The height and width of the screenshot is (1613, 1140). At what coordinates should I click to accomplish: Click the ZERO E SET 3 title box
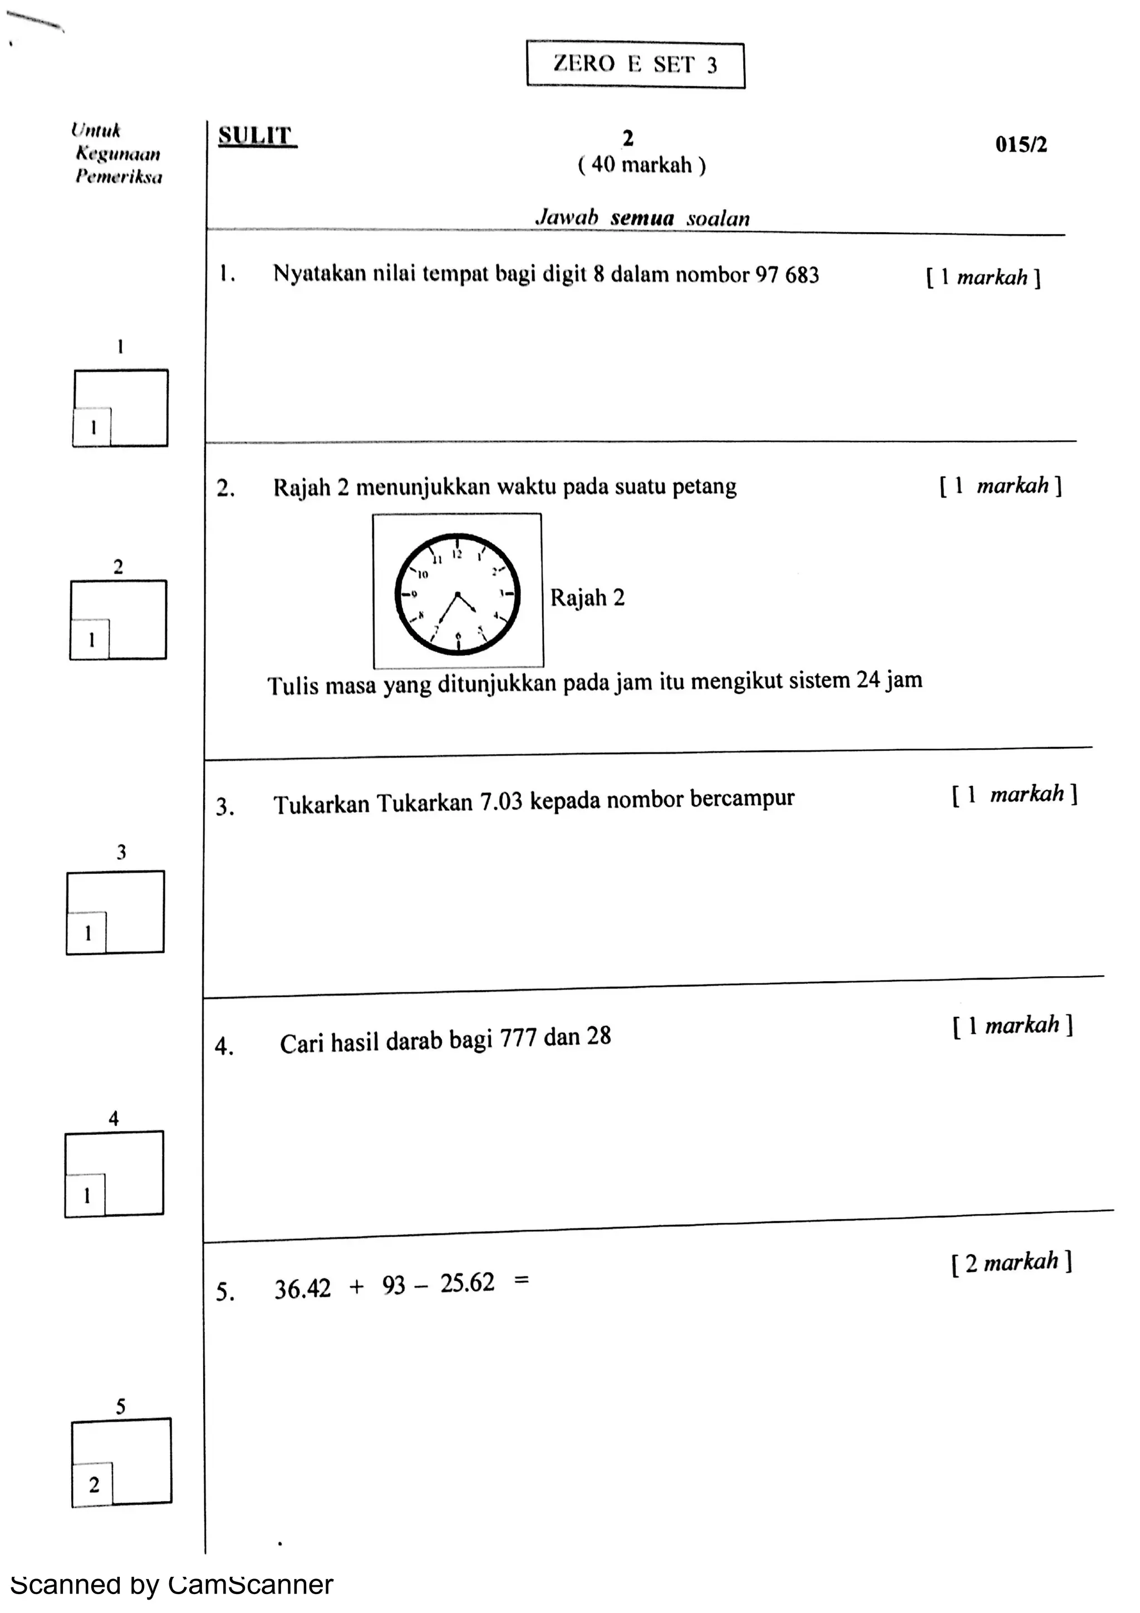point(635,64)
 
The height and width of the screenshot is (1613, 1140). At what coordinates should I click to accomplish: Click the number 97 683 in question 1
point(787,275)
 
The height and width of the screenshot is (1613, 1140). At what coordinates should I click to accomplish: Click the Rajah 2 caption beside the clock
point(587,598)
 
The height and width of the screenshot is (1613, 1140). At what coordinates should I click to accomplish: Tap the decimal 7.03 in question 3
point(501,801)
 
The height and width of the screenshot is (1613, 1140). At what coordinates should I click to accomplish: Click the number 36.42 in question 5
point(302,1289)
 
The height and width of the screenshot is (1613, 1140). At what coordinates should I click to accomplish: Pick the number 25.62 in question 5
point(467,1283)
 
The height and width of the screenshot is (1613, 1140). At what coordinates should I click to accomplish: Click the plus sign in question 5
point(357,1286)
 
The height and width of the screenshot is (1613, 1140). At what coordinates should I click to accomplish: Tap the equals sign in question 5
point(521,1280)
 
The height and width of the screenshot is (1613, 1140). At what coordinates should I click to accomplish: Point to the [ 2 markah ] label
point(1011,1262)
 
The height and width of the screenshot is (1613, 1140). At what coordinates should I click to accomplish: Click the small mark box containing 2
point(93,1484)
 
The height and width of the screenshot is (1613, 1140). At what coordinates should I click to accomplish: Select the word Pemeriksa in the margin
point(119,176)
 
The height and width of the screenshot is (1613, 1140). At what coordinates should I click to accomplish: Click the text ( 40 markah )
point(641,165)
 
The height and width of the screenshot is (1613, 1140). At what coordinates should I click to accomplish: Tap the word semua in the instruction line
point(642,218)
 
